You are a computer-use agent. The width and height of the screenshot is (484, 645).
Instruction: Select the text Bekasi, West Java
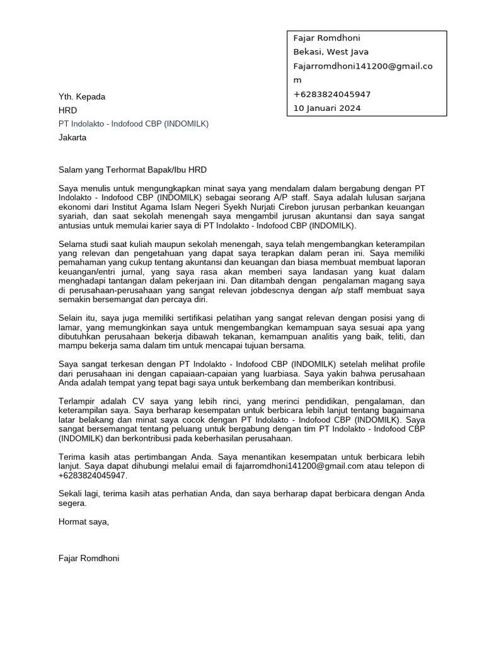tap(331, 52)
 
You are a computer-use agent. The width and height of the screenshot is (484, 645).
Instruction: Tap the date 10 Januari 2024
tap(327, 108)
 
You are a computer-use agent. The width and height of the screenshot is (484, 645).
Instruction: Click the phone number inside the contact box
tap(332, 94)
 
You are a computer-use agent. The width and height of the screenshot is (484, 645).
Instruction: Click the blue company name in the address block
tap(133, 123)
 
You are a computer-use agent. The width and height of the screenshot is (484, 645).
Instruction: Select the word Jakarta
tap(72, 137)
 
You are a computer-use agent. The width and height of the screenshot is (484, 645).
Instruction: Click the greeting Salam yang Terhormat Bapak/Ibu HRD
tap(132, 170)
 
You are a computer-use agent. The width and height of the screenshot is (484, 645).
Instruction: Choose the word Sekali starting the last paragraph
tap(72, 494)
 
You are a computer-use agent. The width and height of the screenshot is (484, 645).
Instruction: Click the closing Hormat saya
tap(83, 522)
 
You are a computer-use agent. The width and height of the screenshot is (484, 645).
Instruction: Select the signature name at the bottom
tap(89, 558)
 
